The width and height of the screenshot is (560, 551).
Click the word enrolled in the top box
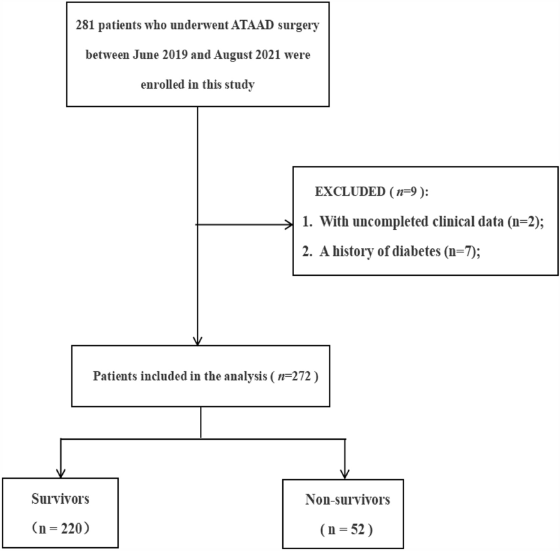tap(158, 85)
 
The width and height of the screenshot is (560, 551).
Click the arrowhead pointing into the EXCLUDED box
tap(288, 223)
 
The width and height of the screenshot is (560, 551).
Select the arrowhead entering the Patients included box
tap(198, 342)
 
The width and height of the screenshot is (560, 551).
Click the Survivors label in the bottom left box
tap(60, 501)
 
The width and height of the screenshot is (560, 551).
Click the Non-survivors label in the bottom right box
tap(348, 501)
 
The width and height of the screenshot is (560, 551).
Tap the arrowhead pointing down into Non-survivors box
tap(345, 474)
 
